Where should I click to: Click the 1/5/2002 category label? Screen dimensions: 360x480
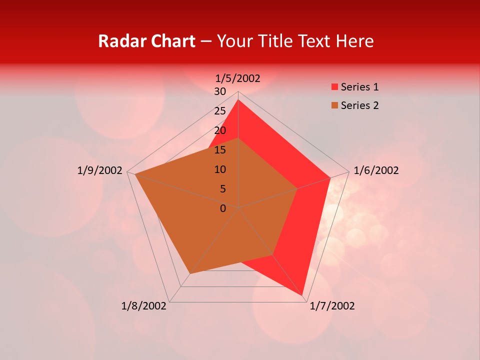pyautogui.click(x=238, y=78)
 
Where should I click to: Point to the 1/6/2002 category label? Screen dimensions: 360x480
pyautogui.click(x=376, y=170)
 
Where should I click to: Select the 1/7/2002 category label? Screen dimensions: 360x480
pyautogui.click(x=332, y=306)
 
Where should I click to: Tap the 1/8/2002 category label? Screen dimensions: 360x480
pyautogui.click(x=144, y=306)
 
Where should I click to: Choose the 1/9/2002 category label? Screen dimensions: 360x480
pyautogui.click(x=100, y=170)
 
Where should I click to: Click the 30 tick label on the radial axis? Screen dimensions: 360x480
pyautogui.click(x=220, y=91)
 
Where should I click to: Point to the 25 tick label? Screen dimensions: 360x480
pyautogui.click(x=220, y=111)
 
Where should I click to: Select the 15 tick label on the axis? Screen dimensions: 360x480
pyautogui.click(x=220, y=150)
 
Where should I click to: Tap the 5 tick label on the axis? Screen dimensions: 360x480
pyautogui.click(x=222, y=189)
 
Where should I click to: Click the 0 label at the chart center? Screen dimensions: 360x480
pyautogui.click(x=223, y=208)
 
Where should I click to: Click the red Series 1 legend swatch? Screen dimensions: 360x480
pyautogui.click(x=334, y=87)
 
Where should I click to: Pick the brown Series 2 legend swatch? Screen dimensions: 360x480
pyautogui.click(x=334, y=105)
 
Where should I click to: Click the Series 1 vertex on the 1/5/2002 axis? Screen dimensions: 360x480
pyautogui.click(x=238, y=100)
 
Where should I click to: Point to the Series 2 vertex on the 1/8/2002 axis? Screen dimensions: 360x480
pyautogui.click(x=189, y=274)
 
